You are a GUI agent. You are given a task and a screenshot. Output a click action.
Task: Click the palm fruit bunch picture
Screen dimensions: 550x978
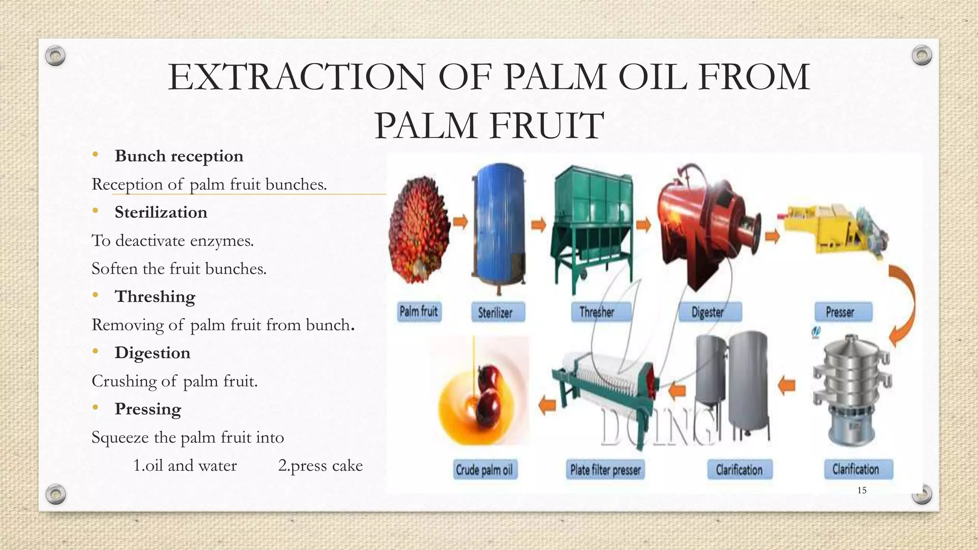419,229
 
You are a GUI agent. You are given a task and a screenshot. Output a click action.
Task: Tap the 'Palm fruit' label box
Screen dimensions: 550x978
419,312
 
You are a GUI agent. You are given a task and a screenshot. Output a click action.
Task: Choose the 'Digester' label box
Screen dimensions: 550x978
710,312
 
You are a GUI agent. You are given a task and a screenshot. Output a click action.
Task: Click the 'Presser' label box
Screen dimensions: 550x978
843,312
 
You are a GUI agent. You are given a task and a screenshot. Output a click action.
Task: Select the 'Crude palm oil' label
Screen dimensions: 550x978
484,470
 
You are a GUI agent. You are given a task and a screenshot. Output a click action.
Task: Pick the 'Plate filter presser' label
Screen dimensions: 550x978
606,470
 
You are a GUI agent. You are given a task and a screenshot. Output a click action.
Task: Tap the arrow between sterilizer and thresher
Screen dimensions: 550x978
539,225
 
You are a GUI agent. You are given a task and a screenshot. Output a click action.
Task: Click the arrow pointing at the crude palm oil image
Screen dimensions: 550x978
547,405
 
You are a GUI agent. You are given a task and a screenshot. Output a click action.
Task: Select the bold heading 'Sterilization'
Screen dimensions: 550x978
161,212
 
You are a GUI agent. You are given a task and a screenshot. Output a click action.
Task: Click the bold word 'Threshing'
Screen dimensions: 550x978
155,296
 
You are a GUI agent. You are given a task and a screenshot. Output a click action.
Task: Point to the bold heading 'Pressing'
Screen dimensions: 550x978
148,409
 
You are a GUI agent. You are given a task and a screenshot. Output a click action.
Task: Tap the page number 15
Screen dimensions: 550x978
862,490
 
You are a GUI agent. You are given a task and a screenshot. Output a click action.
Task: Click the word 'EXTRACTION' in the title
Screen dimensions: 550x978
296,77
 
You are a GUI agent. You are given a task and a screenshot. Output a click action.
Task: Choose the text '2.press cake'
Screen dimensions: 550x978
320,465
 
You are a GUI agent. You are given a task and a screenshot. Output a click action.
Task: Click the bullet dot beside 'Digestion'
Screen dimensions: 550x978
96,352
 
